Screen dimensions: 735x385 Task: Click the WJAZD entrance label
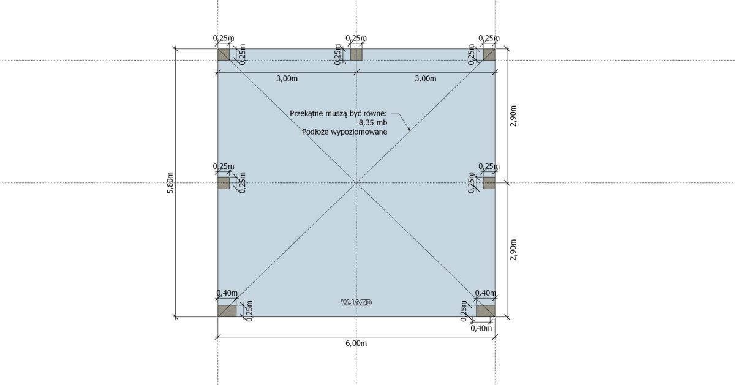click(x=356, y=302)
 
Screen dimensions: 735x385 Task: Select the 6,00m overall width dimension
click(x=356, y=343)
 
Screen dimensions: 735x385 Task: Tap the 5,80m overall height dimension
click(x=170, y=182)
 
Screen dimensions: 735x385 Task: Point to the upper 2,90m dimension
click(x=513, y=116)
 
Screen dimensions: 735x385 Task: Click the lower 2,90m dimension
click(x=513, y=250)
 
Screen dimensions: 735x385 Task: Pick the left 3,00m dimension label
click(x=287, y=78)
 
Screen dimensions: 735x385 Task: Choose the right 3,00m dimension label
click(x=426, y=78)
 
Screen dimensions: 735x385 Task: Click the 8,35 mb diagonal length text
click(x=373, y=122)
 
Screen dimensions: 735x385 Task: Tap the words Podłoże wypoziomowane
click(x=344, y=132)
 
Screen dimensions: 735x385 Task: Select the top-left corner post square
click(x=224, y=54)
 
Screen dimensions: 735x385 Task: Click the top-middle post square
click(x=356, y=54)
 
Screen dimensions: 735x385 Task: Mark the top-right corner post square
click(x=489, y=54)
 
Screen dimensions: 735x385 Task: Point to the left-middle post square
click(x=224, y=182)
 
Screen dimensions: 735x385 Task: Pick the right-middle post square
click(x=489, y=182)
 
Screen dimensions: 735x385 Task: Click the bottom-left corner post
click(x=227, y=311)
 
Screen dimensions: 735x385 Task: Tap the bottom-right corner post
click(x=486, y=311)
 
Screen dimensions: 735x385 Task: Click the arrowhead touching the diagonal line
click(x=409, y=129)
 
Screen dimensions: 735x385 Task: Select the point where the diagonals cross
click(x=356, y=182)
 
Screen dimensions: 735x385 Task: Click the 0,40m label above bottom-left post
click(x=227, y=293)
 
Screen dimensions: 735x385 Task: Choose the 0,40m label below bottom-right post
click(x=481, y=328)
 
